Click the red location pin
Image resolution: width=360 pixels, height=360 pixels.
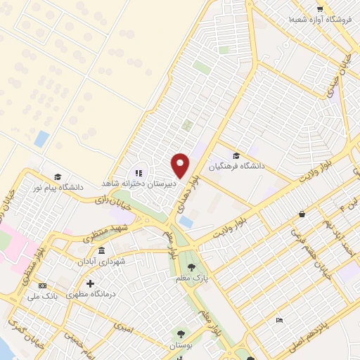pyautogui.click(x=180, y=165)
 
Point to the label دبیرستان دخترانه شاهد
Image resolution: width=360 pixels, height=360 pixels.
pyautogui.click(x=136, y=183)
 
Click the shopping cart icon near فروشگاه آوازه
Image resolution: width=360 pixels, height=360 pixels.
pyautogui.click(x=320, y=9)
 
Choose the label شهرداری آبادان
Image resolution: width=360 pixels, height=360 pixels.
pyautogui.click(x=102, y=261)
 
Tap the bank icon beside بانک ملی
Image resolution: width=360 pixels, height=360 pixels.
pyautogui.click(x=43, y=286)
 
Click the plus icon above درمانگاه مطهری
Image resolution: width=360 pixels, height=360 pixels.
pyautogui.click(x=90, y=283)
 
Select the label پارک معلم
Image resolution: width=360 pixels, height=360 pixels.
pyautogui.click(x=191, y=278)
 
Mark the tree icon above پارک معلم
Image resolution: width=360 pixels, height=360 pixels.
pyautogui.click(x=191, y=266)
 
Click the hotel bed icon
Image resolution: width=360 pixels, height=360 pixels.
pyautogui.click(x=280, y=321)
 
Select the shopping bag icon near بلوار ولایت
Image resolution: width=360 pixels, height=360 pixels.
pyautogui.click(x=302, y=214)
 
